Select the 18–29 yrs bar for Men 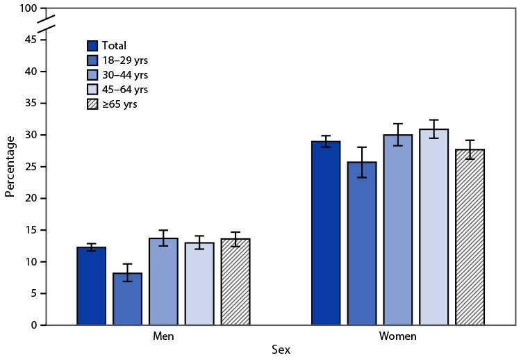[127, 299]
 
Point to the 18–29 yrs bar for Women [362, 243]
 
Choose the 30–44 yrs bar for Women [398, 230]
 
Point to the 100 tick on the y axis [28, 8]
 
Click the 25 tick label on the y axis [32, 167]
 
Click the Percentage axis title [10, 167]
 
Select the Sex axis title [281, 351]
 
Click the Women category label [398, 336]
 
